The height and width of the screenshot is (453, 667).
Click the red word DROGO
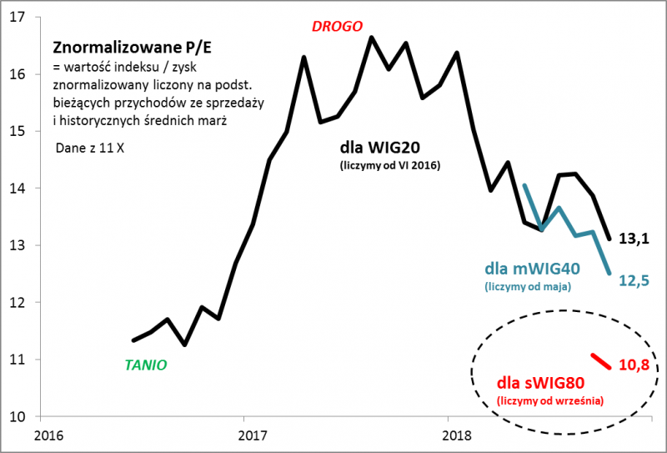[x=337, y=26]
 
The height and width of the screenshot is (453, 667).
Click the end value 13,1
[x=636, y=240]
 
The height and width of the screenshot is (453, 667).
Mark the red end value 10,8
[x=634, y=365]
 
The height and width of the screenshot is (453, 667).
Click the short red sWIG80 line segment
[x=602, y=360]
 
